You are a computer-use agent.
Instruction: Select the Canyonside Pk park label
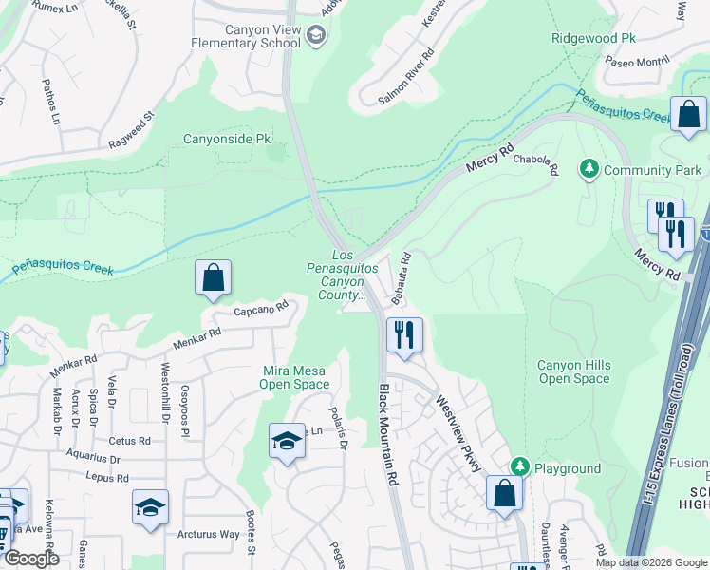pos(227,139)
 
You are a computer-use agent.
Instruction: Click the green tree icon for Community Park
pos(589,169)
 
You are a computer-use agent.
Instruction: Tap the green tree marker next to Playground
pos(519,467)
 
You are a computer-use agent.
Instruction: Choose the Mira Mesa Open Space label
pos(296,377)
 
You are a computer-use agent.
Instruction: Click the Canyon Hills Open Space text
pos(573,371)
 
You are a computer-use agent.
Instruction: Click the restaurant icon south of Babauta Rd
pos(404,334)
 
